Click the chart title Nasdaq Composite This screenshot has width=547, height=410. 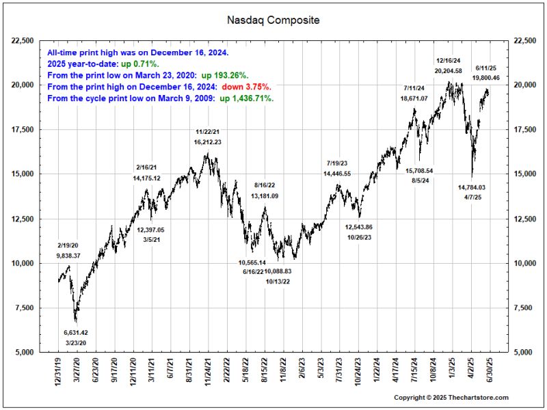(273, 20)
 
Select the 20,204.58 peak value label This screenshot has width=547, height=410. (448, 70)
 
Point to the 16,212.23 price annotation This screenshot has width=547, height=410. (208, 141)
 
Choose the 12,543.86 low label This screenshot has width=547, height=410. (358, 227)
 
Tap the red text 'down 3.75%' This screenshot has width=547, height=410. (246, 87)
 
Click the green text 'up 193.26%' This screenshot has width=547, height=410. (224, 75)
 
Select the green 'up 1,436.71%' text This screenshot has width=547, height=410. (246, 98)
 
